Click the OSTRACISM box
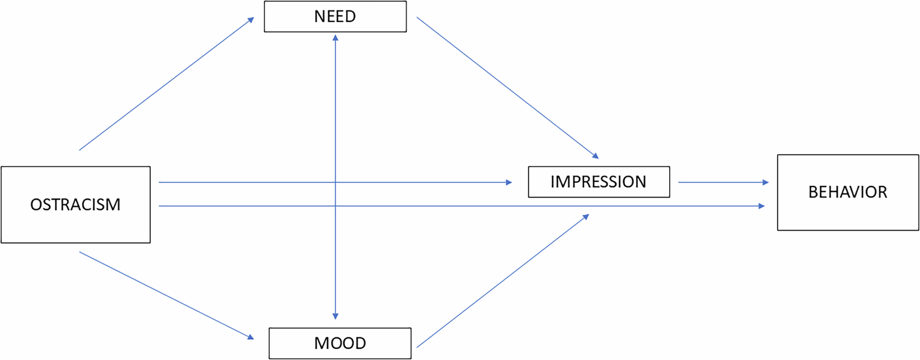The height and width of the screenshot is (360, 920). pos(75,204)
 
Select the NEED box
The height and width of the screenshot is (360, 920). pos(335,17)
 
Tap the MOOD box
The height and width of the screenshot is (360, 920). pos(340,343)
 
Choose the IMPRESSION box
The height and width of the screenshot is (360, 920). pos(598,182)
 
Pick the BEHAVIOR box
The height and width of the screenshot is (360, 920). pos(848,192)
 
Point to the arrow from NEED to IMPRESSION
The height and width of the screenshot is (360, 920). pos(506,86)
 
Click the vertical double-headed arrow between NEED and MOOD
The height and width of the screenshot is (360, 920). pos(335,123)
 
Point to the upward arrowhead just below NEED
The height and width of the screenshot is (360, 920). pos(335,38)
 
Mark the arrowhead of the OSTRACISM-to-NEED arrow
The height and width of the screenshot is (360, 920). pos(251,19)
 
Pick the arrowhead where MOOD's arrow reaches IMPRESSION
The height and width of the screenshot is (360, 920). pos(586,216)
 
